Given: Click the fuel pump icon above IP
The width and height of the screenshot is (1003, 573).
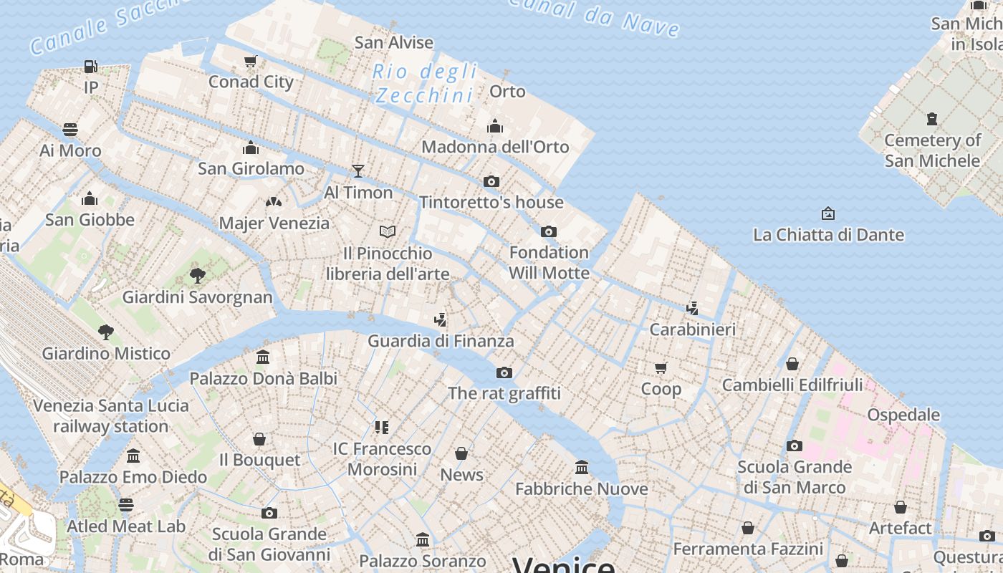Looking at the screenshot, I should point(90,67).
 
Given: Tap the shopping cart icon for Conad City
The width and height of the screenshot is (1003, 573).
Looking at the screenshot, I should point(250,62).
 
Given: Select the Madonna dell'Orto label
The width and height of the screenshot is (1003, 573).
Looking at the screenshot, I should point(495,147).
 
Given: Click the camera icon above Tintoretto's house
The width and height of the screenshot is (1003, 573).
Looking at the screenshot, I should point(491,182).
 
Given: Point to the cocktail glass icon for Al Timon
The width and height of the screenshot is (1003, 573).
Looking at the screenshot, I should point(358,171).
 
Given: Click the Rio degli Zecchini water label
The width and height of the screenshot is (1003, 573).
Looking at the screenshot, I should point(425,83).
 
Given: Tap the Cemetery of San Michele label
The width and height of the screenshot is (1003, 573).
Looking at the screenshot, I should point(932,150).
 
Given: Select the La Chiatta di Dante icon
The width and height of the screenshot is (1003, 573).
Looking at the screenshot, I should point(828,213).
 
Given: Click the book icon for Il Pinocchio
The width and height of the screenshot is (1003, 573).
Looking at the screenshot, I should point(388,232).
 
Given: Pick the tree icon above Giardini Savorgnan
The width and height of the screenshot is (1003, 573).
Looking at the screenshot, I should point(198,276).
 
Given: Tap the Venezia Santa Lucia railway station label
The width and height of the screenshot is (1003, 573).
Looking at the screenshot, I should point(111,415).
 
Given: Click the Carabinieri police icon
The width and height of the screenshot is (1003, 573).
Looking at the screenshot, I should point(692,309).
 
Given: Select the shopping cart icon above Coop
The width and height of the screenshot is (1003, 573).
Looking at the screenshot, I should point(661,368).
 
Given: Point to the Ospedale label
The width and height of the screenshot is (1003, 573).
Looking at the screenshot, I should point(903,415).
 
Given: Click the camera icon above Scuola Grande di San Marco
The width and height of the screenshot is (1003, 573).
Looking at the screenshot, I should point(794,446).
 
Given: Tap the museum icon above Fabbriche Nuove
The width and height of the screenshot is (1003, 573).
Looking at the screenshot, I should point(582,468).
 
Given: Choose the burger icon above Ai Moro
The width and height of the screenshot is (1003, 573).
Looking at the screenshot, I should point(70,130).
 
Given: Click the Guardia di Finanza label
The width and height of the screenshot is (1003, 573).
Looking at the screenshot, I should point(441,341).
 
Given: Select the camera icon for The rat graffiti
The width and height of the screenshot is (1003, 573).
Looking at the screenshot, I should point(504,372).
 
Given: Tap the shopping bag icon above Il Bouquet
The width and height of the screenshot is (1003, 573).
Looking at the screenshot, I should point(259,439).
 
